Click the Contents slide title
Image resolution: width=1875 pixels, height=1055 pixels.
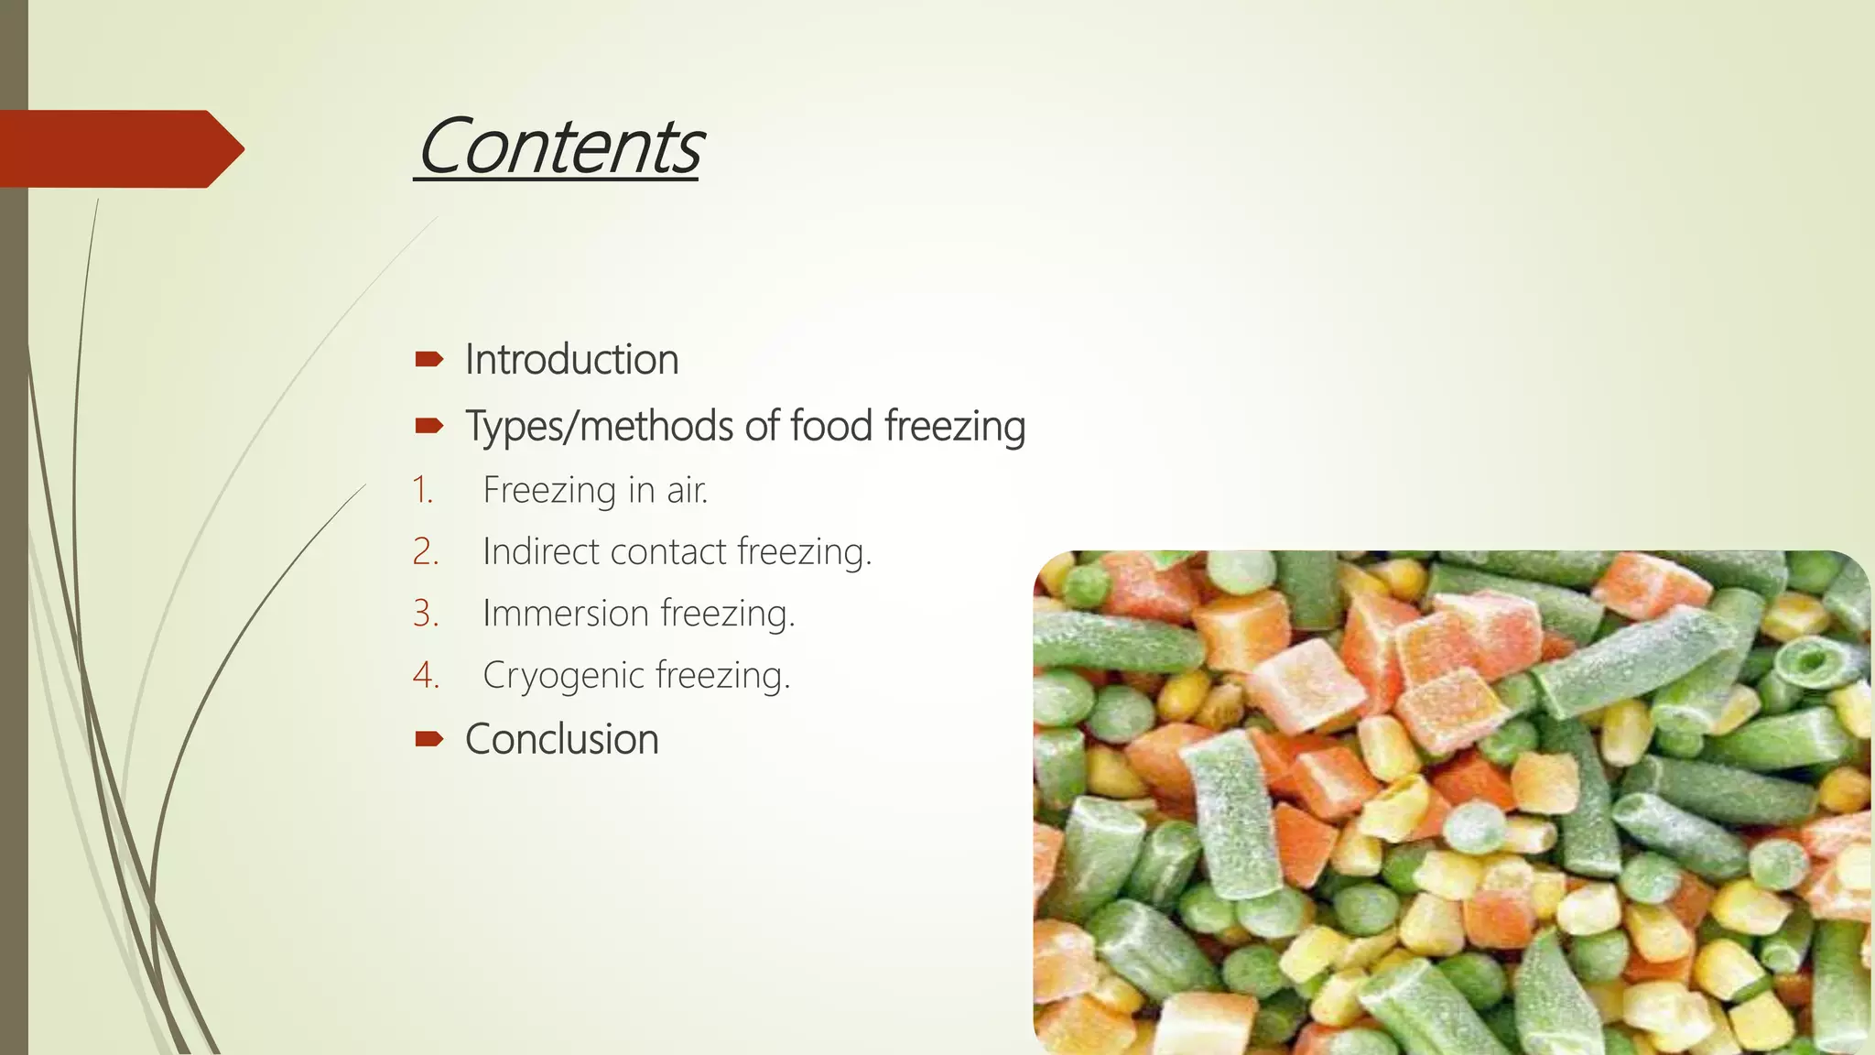pos(558,147)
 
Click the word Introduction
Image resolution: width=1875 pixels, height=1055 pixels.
pos(571,359)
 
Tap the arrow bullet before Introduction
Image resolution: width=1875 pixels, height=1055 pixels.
pos(428,359)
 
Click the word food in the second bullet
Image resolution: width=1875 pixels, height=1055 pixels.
pos(830,426)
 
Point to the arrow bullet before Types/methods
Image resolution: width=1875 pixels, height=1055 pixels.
pos(428,426)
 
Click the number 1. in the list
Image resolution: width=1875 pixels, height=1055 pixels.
pos(422,490)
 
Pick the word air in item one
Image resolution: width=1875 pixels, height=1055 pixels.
pos(687,491)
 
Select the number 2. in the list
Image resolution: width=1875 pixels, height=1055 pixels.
pos(425,551)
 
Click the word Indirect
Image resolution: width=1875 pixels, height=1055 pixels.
pos(540,551)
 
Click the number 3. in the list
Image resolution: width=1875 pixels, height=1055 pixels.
pos(425,613)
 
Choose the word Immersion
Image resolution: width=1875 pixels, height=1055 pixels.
pos(565,613)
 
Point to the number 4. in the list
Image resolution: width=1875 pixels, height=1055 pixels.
pos(425,675)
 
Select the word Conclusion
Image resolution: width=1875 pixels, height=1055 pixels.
pos(561,739)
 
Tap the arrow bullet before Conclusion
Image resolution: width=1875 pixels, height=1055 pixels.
pos(428,739)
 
